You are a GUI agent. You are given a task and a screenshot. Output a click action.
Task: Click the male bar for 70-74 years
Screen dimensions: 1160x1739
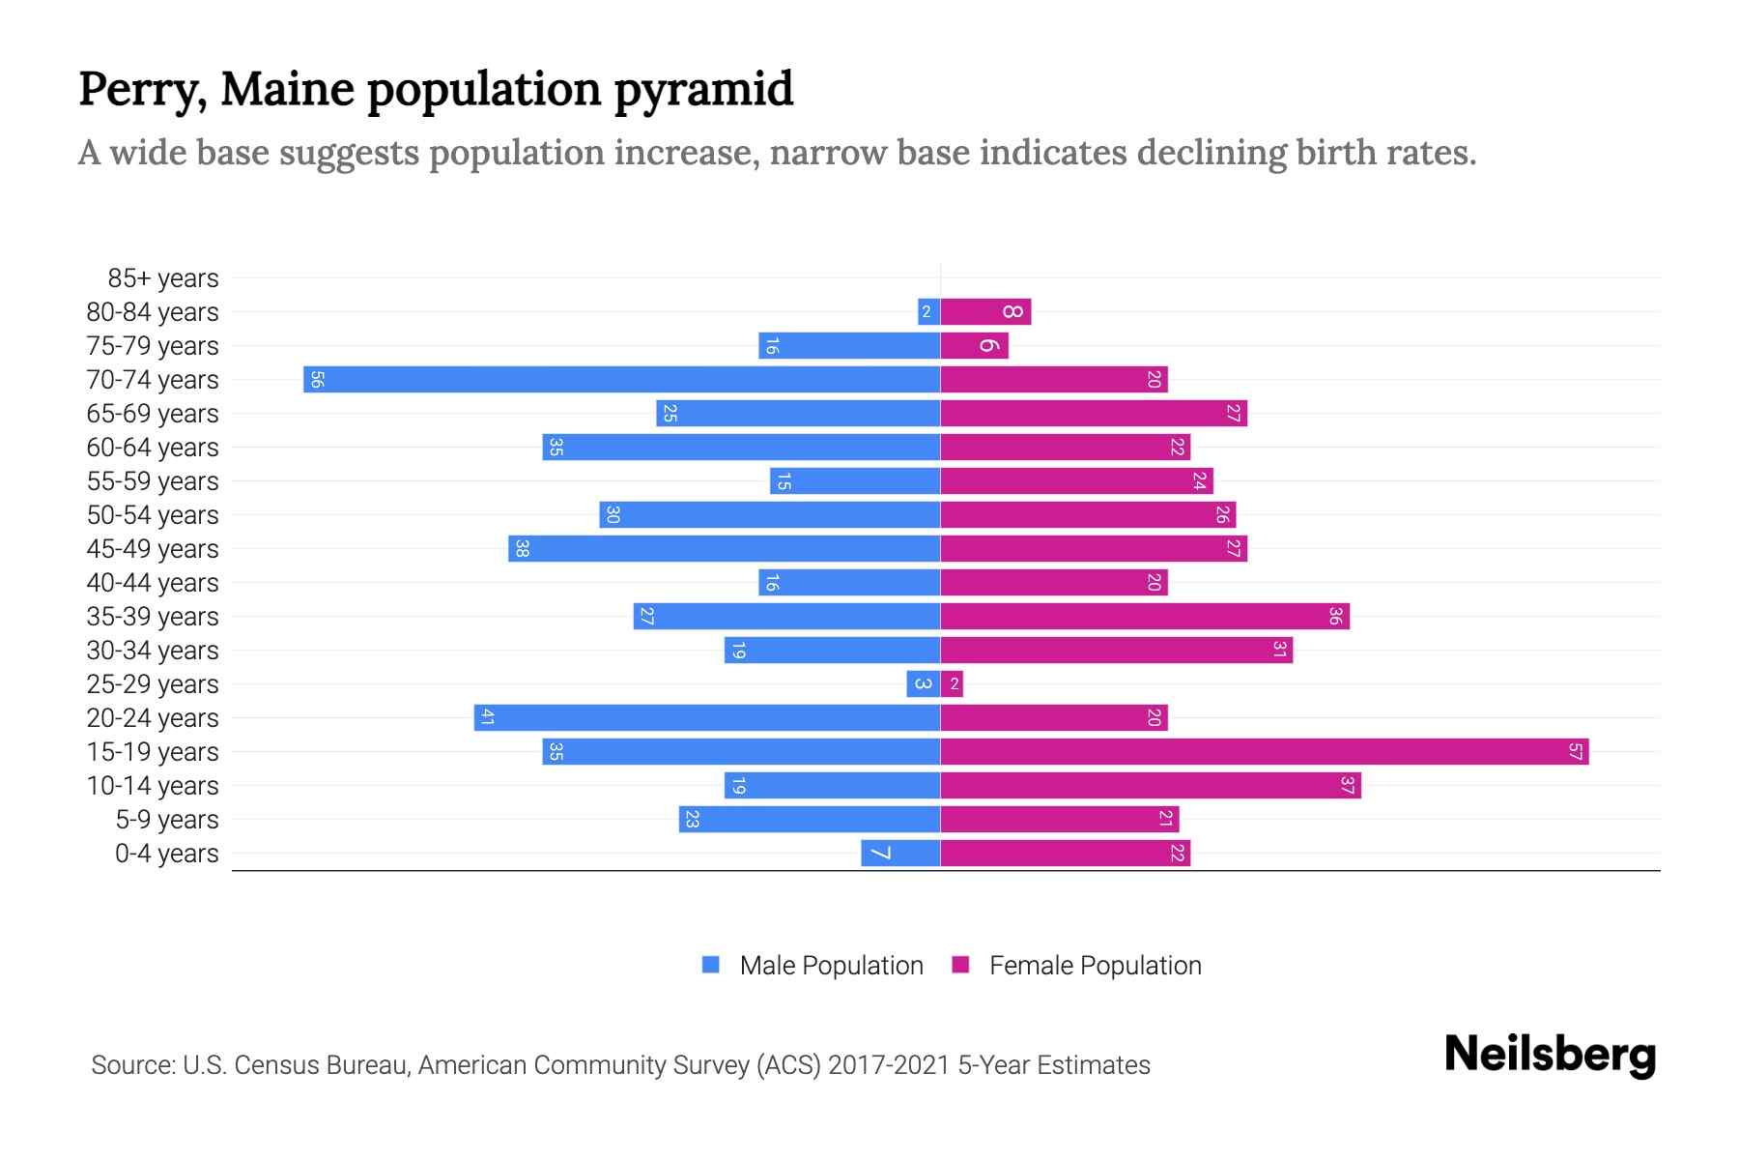621,379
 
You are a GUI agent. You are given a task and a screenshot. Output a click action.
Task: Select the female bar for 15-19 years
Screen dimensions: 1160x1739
1264,751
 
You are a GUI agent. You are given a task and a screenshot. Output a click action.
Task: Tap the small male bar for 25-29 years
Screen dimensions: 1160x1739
923,684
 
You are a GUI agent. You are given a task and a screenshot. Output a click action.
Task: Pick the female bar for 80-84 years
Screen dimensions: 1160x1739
985,311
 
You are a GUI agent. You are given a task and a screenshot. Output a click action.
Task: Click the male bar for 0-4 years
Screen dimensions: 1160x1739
900,853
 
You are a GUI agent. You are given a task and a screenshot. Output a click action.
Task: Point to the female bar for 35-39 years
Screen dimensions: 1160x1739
1145,616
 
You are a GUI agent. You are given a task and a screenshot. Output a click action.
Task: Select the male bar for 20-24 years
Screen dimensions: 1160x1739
706,717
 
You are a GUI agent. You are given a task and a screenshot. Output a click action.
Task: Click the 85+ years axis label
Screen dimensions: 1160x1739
162,278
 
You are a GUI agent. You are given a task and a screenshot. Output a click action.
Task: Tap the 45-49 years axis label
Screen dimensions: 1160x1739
153,549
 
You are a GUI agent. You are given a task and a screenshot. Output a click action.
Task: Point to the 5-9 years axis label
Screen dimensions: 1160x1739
166,820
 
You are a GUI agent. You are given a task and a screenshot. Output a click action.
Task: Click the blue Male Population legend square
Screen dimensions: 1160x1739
711,965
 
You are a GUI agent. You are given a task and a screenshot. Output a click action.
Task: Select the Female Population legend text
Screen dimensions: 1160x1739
1095,965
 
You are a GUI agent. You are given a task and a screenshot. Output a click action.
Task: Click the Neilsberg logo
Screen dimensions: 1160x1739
1550,1054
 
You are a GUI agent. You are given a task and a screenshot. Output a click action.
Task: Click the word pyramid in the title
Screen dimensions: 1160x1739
703,89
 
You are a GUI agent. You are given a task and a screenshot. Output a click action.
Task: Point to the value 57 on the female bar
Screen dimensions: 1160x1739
1576,751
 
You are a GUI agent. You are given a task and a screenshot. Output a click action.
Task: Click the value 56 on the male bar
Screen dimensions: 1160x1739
317,379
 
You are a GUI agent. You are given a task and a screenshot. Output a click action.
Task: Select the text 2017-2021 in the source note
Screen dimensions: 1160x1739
888,1065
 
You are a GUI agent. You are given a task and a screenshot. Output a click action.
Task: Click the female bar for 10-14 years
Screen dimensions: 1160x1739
1150,785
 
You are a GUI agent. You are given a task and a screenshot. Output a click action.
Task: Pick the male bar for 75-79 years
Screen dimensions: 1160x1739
849,345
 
